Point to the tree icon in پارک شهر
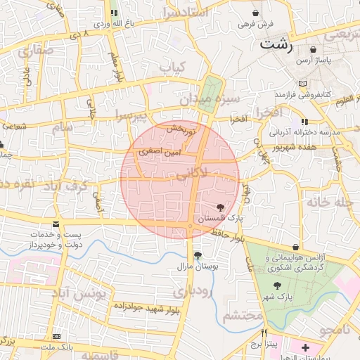(278, 285)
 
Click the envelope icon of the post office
(56, 224)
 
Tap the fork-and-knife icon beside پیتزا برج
(264, 333)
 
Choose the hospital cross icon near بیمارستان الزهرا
(305, 348)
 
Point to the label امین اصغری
(160, 151)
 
